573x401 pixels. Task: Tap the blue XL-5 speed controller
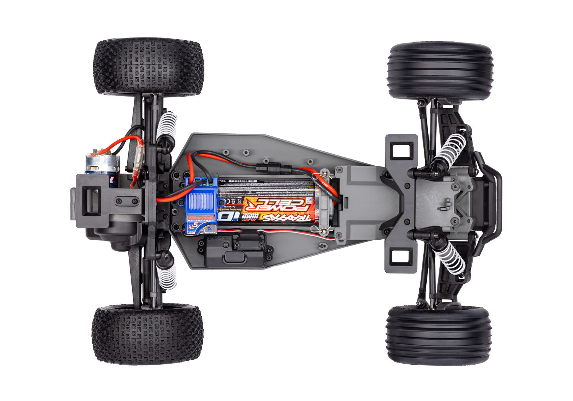[x=201, y=202]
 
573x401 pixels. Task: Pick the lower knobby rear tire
[x=147, y=334]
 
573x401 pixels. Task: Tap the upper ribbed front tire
[x=440, y=71]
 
